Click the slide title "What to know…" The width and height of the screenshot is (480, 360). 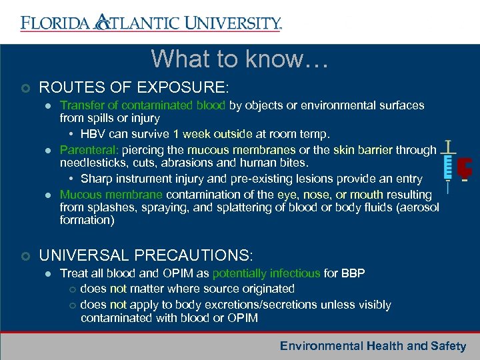(x=239, y=59)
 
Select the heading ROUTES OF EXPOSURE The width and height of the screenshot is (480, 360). (x=134, y=87)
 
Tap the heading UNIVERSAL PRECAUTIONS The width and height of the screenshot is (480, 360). (x=146, y=255)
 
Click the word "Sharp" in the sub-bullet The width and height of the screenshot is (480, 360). (x=95, y=179)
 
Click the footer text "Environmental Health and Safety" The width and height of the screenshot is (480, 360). (x=373, y=345)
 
